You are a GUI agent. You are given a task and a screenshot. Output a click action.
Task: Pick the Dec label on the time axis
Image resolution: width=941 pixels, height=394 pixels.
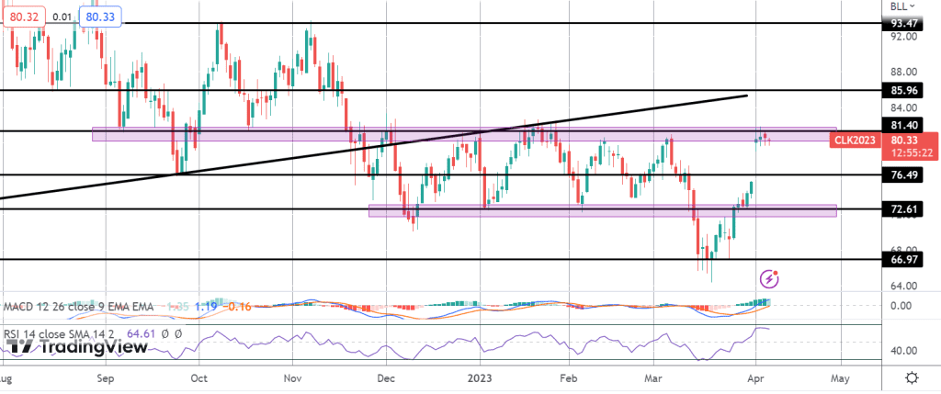coord(385,377)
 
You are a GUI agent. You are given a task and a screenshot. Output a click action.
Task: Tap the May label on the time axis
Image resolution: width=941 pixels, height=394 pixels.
coord(841,377)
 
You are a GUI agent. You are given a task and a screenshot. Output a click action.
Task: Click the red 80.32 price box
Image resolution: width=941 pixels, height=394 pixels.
coord(19,16)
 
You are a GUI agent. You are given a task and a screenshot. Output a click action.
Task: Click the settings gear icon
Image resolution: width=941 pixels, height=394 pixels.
coord(911,377)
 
